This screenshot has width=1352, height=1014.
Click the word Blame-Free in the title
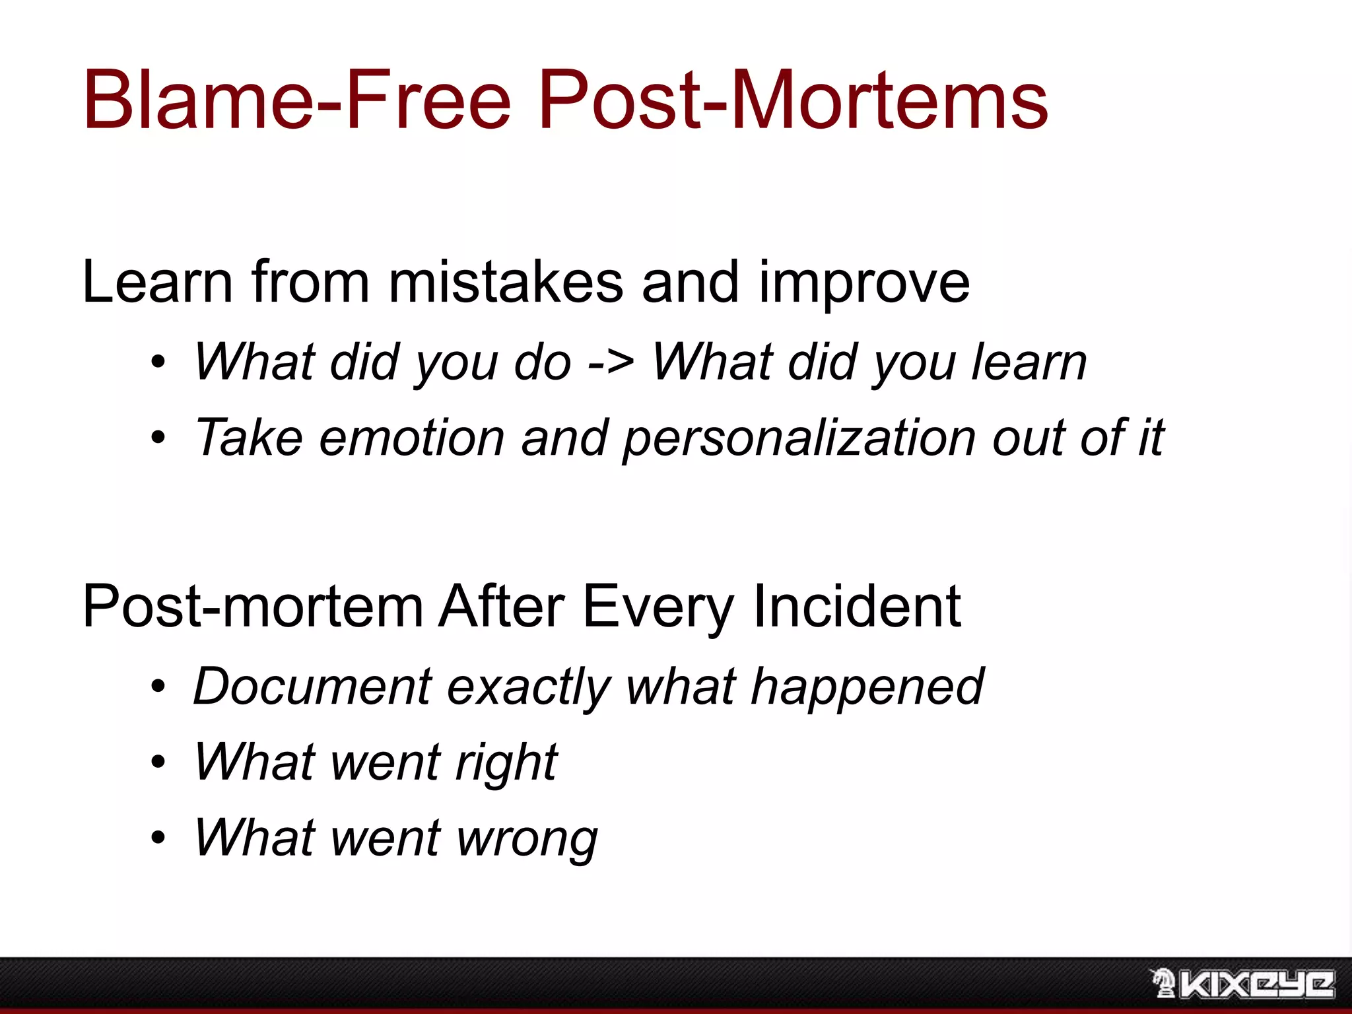pos(297,100)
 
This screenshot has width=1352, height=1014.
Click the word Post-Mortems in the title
pos(793,100)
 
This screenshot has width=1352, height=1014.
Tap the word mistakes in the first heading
pos(506,283)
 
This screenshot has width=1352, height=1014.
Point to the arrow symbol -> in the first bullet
pos(611,363)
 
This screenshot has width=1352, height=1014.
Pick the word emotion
pos(412,438)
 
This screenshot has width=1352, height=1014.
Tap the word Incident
pos(856,606)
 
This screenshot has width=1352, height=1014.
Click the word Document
pos(312,687)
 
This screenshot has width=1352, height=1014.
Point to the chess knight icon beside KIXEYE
pos(1163,983)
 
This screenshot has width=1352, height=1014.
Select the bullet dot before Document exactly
pos(158,687)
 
